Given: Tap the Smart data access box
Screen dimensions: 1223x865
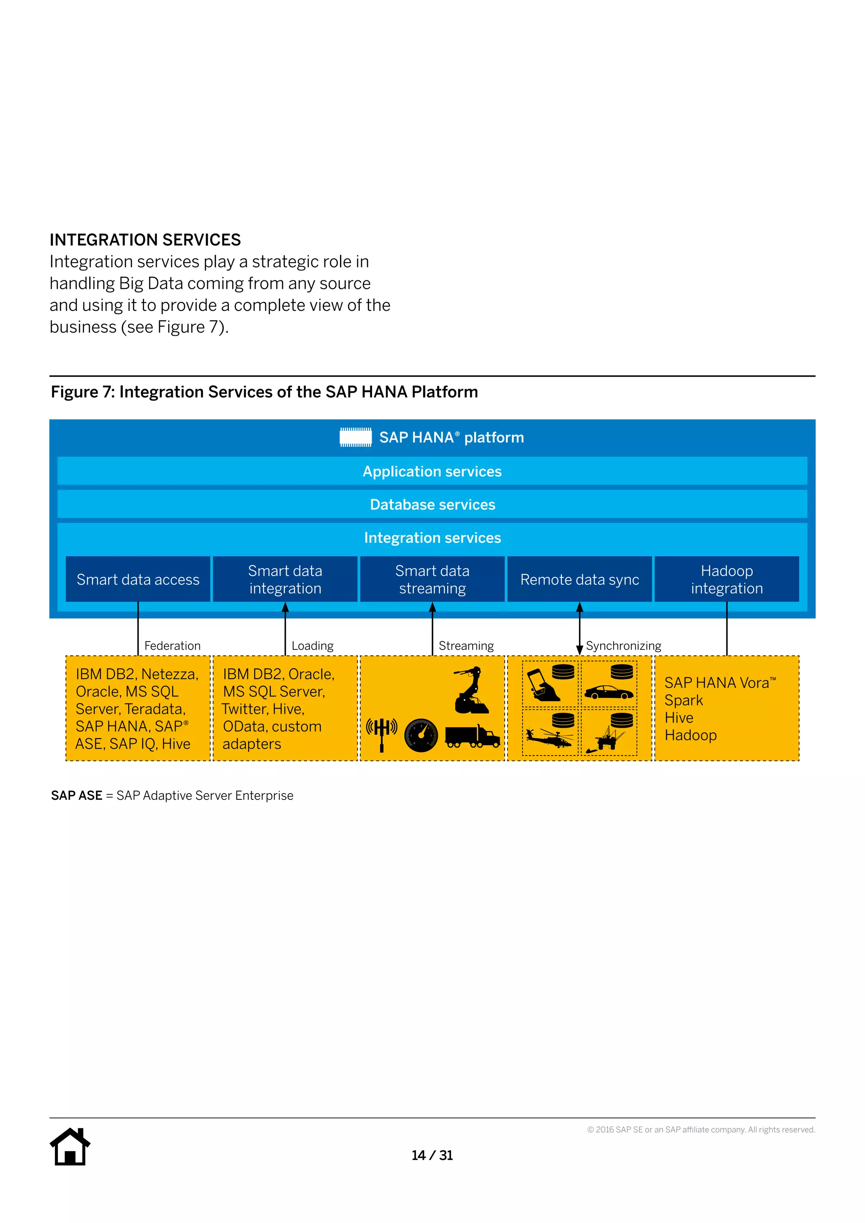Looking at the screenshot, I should (x=138, y=579).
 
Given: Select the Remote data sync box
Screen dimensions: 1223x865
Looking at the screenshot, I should (x=579, y=579).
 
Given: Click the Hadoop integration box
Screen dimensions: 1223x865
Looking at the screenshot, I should (x=726, y=579).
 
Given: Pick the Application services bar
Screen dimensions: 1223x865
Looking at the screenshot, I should (x=432, y=471).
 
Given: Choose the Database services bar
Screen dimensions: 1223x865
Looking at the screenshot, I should (x=432, y=504).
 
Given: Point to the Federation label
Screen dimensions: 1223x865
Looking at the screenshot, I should (x=172, y=646).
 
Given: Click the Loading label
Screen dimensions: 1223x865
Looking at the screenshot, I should (x=312, y=646).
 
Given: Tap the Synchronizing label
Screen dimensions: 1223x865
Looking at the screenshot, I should (x=623, y=646).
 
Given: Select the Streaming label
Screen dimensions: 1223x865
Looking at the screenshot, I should (x=466, y=646).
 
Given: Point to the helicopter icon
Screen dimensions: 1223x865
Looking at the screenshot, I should (x=549, y=738).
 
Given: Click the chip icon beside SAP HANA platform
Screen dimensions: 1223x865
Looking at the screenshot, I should (x=356, y=438).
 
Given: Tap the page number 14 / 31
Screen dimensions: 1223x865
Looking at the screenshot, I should (x=432, y=1155).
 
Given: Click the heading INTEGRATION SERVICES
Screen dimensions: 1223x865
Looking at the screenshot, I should (x=145, y=240).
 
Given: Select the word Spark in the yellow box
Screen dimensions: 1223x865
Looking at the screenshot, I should (x=683, y=701).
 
